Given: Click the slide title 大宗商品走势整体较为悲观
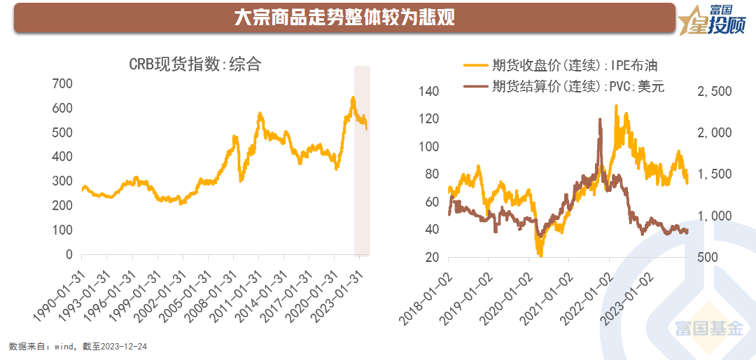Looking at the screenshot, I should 344,18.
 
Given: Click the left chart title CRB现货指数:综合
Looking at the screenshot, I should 195,64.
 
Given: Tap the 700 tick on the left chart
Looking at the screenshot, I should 63,83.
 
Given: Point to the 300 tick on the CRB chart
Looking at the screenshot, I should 63,181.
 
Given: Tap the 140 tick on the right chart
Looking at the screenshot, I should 428,92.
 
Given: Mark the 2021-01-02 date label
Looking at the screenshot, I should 547,298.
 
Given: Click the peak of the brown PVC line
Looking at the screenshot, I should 600,119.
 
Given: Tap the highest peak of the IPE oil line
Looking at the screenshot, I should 616,106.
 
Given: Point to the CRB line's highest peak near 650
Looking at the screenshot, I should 353,98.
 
